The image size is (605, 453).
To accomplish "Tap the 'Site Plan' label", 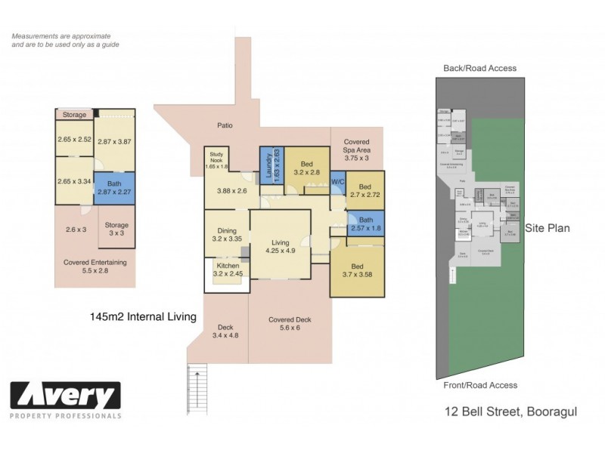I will pos(549,227).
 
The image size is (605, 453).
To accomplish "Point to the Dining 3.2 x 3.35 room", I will pos(227,234).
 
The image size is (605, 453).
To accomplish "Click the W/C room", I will pos(338,182).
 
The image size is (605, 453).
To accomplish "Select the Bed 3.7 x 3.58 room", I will pos(358,270).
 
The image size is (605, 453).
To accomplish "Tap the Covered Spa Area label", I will pos(356,149).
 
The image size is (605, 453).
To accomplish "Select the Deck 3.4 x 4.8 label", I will pos(225,331).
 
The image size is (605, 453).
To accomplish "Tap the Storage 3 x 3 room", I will pos(116,229).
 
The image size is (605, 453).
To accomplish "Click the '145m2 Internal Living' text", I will pos(142,318).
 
